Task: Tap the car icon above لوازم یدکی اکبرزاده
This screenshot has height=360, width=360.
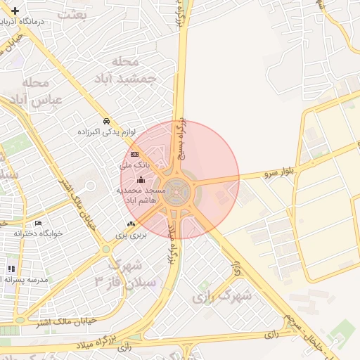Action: tap(105, 121)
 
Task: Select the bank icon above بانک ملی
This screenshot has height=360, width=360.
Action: tap(134, 155)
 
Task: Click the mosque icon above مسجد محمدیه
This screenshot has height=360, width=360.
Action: tap(141, 180)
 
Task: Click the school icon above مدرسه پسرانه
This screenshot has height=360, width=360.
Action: tap(11, 269)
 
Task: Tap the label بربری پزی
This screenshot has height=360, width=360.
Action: tap(131, 236)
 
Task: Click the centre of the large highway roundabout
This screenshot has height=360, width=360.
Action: tap(179, 188)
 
